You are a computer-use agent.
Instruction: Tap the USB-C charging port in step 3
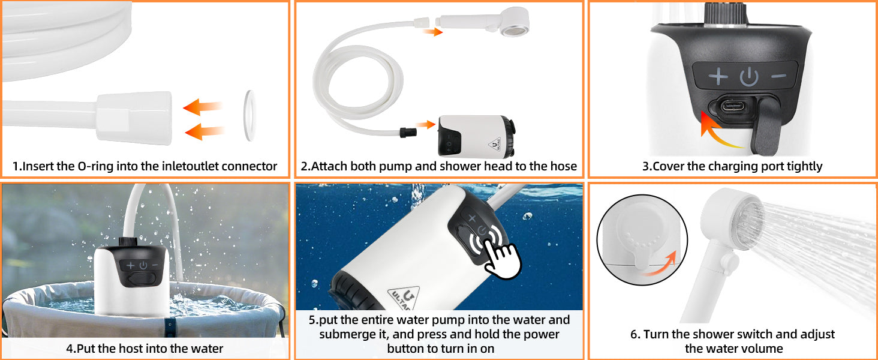coord(732,106)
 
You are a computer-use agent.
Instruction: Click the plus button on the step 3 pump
coord(718,76)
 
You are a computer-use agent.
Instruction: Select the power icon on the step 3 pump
coord(748,76)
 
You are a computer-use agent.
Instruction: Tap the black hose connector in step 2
coord(408,133)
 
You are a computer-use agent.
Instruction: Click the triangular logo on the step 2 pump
coord(495,145)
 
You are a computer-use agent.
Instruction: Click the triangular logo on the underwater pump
coord(404,298)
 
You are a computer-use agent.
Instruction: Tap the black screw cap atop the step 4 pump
coord(128,241)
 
